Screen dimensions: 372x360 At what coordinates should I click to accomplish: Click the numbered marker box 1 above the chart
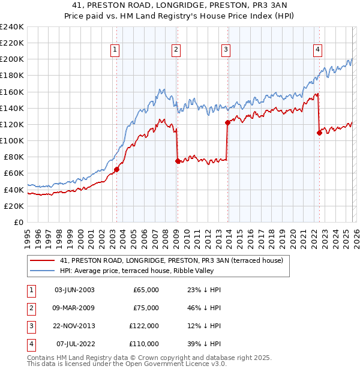(115, 50)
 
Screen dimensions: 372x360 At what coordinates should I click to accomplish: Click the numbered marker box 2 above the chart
(176, 50)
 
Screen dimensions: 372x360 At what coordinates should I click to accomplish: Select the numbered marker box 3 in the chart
(226, 50)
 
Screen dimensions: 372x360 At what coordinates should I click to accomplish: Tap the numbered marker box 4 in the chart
(317, 50)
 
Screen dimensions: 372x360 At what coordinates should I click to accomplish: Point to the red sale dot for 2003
(116, 169)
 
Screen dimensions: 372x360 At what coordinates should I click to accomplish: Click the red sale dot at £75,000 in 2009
(178, 161)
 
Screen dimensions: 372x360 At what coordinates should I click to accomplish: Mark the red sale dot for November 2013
(227, 122)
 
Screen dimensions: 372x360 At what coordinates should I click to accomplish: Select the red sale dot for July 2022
(319, 133)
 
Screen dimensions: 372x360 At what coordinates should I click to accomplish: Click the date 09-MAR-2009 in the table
(74, 308)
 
